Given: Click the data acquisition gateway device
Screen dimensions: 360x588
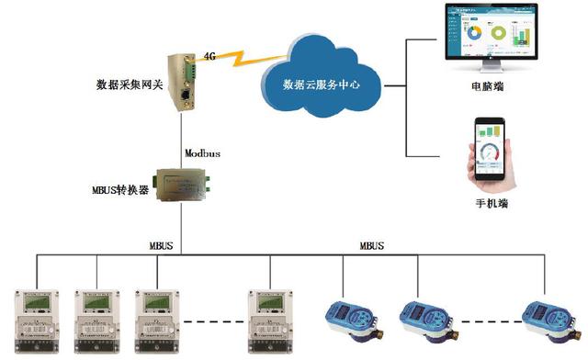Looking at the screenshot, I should [x=180, y=81].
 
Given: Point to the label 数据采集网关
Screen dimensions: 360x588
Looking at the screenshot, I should [x=128, y=85].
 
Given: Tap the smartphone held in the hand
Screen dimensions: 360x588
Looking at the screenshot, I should [x=494, y=147].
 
